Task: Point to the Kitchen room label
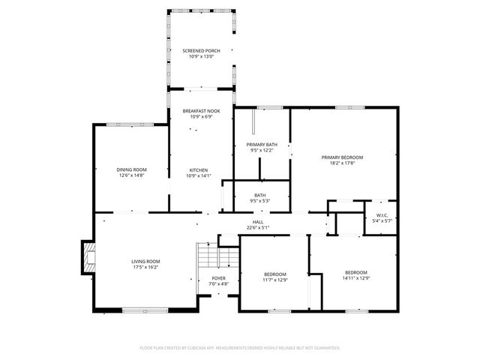[x=199, y=170]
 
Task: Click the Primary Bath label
[x=262, y=144]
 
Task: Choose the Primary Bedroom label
[x=342, y=157]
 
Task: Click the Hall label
[x=257, y=222]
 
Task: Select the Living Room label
[x=145, y=261]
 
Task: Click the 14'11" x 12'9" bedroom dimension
[x=355, y=278]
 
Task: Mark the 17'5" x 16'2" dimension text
[x=145, y=267]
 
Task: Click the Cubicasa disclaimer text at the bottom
[x=240, y=348]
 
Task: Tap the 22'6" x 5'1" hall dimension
[x=257, y=227]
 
